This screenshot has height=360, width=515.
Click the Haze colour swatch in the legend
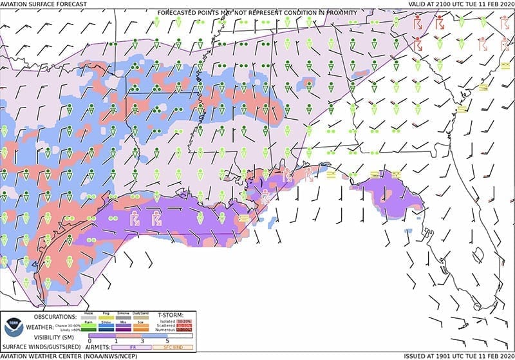pos(88,317)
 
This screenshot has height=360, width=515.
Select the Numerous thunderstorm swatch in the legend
pos(201,329)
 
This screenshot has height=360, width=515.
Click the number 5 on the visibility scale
pos(165,340)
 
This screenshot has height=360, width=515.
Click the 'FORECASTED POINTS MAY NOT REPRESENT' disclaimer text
pos(257,10)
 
